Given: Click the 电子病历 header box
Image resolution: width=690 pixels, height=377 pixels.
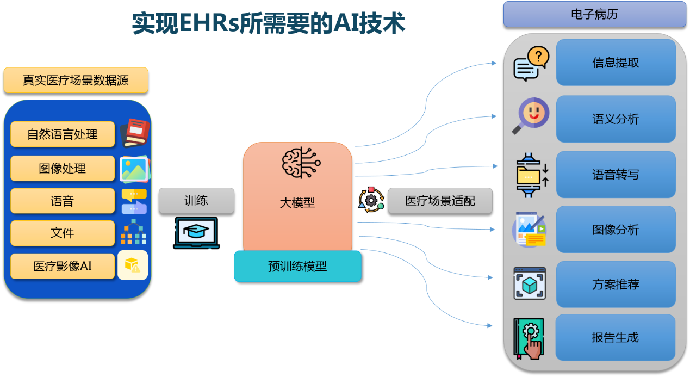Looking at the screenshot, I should pos(594,14).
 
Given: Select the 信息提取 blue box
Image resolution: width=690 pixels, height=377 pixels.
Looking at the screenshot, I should pos(616,63).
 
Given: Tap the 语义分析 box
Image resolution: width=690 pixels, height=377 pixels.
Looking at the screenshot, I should pos(616,119).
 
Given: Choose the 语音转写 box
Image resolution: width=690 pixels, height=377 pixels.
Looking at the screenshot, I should pos(616,175).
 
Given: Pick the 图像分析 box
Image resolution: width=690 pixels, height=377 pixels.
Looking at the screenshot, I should pos(616,230).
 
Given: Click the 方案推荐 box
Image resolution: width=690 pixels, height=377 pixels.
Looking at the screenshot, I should pos(616,284).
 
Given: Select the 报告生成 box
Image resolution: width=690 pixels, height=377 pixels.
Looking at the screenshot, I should pos(615,337).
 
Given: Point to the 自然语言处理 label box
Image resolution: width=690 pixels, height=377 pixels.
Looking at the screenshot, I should pos(63,134).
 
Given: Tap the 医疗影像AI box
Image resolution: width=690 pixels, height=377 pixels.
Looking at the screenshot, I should pos(63,266).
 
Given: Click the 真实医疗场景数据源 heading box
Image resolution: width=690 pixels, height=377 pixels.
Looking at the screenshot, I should pos(76,81).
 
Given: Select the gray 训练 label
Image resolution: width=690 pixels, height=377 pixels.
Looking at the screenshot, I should pos(196,201).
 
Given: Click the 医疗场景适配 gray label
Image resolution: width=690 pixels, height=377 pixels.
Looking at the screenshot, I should pos(440,201).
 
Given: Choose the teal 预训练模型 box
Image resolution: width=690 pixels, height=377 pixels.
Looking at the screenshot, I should pos(297,267).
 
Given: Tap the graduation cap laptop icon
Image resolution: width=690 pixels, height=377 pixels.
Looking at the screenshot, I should pos(196,233).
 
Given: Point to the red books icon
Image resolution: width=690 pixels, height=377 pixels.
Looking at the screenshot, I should pos(134,133).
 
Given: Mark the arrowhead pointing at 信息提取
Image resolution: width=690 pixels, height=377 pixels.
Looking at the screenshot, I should pos(494,63).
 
